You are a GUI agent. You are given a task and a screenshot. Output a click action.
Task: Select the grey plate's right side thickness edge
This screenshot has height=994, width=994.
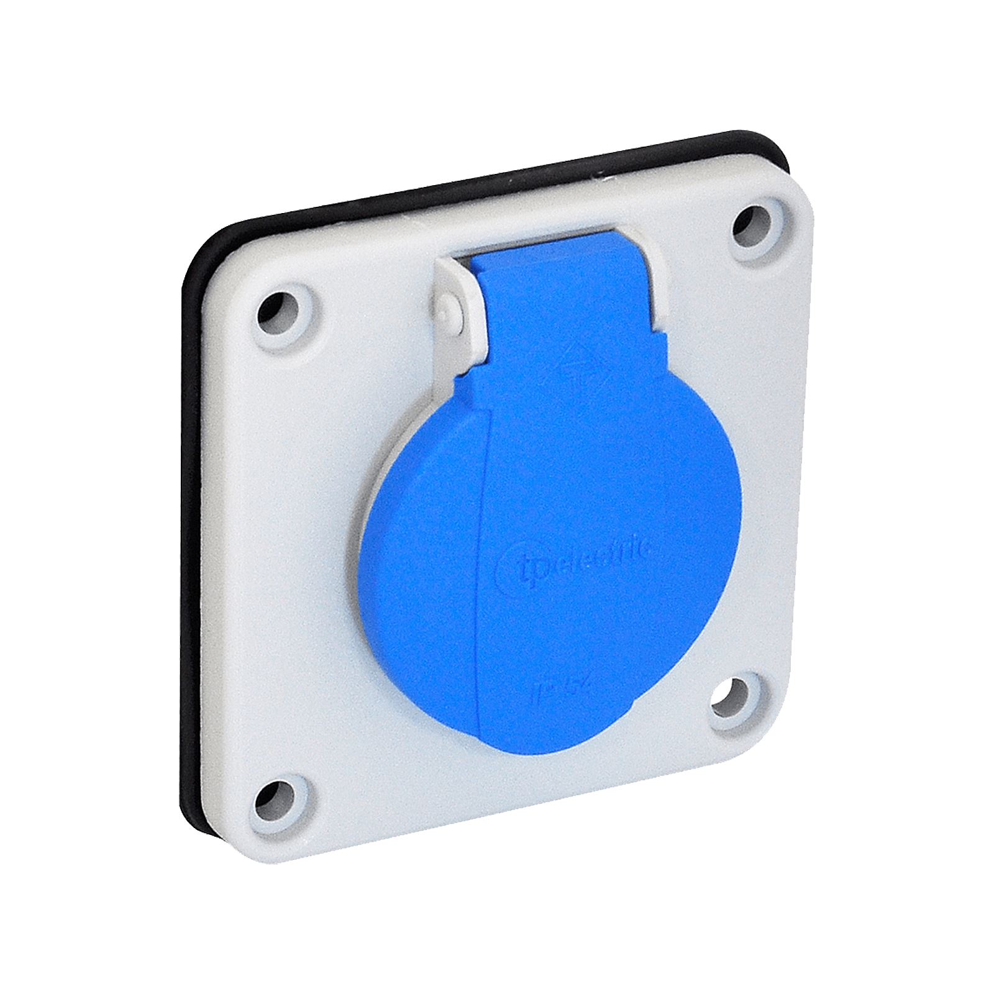[808, 466]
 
